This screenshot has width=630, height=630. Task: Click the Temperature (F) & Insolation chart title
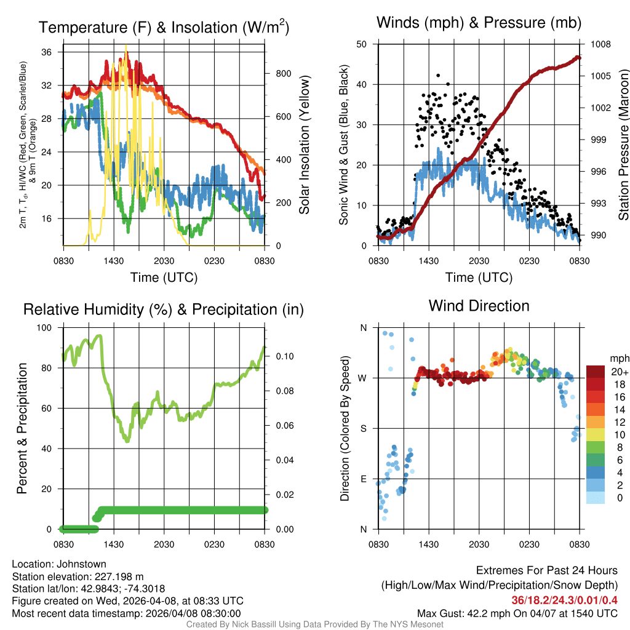tap(164, 27)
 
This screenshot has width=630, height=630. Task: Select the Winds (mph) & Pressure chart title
tap(479, 23)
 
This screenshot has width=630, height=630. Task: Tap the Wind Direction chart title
tap(479, 306)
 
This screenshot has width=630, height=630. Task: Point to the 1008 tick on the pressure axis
tap(600, 44)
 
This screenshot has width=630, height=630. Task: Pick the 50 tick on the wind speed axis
tap(362, 44)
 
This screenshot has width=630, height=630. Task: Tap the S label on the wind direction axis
tap(363, 428)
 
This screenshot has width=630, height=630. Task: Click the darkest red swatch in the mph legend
tap(596, 372)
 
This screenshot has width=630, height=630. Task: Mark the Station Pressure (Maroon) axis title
tap(623, 144)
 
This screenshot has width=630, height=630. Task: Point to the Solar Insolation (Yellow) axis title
tap(305, 144)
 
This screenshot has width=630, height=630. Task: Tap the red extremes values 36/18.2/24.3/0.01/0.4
tap(564, 600)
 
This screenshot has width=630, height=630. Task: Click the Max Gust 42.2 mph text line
tap(517, 613)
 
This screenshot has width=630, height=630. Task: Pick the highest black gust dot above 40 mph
tap(437, 75)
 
